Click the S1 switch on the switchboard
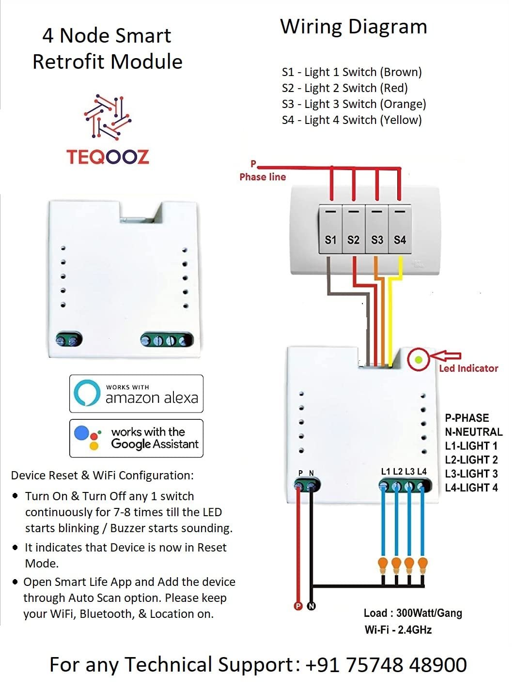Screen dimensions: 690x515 330,230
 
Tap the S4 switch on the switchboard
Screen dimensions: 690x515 400,230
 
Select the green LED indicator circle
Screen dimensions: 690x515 418,360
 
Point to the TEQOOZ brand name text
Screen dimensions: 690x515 108,156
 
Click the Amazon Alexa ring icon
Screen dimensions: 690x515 87,393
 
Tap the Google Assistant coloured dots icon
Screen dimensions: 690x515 88,438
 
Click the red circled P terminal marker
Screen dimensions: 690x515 298,606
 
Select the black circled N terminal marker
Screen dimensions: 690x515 312,606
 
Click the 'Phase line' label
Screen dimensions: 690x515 263,177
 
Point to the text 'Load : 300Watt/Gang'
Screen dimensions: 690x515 413,613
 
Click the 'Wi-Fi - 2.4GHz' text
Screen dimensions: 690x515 398,629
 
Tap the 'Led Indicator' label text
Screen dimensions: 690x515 468,368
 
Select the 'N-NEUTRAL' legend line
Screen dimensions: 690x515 473,431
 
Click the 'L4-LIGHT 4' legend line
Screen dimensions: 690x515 471,488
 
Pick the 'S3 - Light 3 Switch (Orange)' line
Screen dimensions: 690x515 354,104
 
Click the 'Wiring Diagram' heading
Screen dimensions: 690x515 354,27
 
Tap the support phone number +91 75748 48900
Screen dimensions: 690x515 386,664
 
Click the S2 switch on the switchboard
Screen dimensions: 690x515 354,230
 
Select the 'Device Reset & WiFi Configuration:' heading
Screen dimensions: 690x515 102,475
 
